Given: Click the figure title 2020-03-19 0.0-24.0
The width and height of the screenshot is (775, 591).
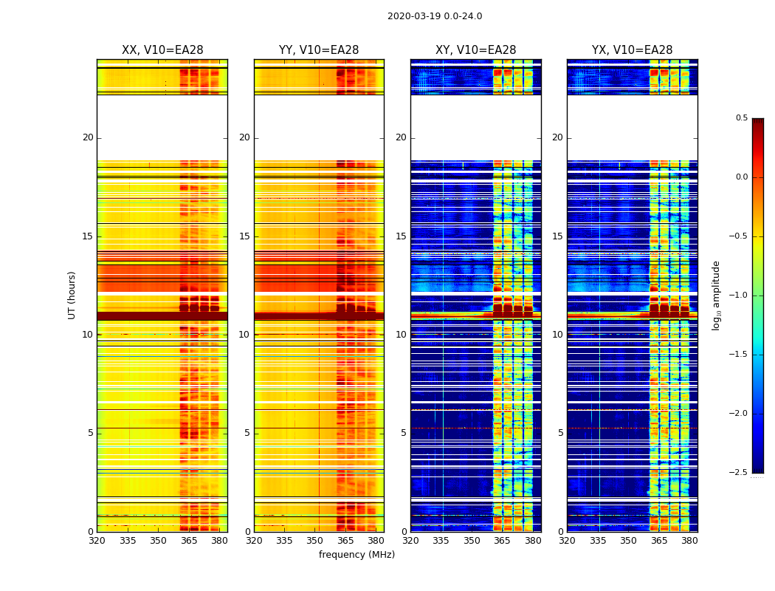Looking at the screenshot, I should point(435,16).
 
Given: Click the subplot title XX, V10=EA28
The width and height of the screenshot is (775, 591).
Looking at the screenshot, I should point(162,50).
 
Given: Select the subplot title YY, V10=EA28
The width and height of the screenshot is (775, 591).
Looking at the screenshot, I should point(319,50).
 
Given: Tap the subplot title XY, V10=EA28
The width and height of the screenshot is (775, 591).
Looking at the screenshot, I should point(475,50).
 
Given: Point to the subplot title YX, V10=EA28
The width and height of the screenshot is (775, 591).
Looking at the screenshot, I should point(632,50).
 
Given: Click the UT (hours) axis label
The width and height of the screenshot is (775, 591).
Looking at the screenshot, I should point(72,295).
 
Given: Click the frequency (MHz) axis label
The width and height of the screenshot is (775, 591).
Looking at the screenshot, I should point(356,555).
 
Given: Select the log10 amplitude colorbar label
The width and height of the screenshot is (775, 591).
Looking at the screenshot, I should point(716,295).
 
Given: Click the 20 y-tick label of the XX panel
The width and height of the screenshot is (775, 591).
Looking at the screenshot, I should point(88,137).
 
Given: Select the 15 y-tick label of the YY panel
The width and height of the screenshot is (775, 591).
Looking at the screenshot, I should point(245,236).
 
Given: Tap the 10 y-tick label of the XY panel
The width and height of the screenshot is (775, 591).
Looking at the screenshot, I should point(402,335).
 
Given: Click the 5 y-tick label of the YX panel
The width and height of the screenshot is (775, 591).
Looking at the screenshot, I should point(561,433).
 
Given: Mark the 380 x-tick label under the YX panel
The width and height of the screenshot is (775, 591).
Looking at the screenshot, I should point(689,542).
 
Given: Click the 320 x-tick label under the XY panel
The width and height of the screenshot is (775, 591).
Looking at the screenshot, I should point(410,542).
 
